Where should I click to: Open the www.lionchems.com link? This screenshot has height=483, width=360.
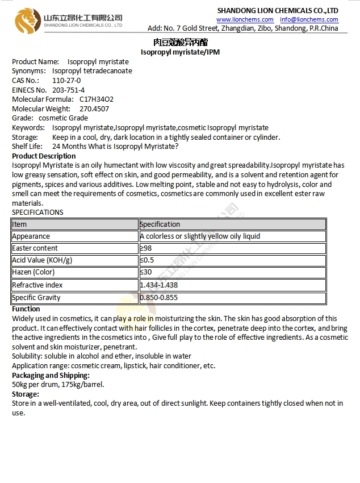click(x=245, y=19)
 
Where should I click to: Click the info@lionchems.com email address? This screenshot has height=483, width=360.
click(x=309, y=19)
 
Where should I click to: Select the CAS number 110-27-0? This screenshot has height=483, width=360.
click(x=66, y=81)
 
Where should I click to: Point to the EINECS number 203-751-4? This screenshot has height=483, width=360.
click(x=68, y=90)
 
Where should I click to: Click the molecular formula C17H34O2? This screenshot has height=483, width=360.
click(x=97, y=99)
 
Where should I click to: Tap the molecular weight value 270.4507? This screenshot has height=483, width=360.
click(x=94, y=109)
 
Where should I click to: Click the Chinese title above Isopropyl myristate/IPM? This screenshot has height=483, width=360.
click(x=180, y=43)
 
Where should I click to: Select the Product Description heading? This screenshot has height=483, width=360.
click(x=44, y=156)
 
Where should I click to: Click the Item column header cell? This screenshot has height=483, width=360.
click(x=75, y=224)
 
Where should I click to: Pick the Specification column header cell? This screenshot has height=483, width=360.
click(x=232, y=224)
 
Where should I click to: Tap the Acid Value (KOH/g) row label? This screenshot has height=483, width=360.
click(x=42, y=260)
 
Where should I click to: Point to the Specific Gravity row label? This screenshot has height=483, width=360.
click(x=36, y=298)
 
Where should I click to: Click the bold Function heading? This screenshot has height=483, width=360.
click(x=26, y=309)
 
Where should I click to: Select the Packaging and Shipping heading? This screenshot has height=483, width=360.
click(x=51, y=375)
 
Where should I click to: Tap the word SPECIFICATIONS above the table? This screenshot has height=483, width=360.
click(x=37, y=213)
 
